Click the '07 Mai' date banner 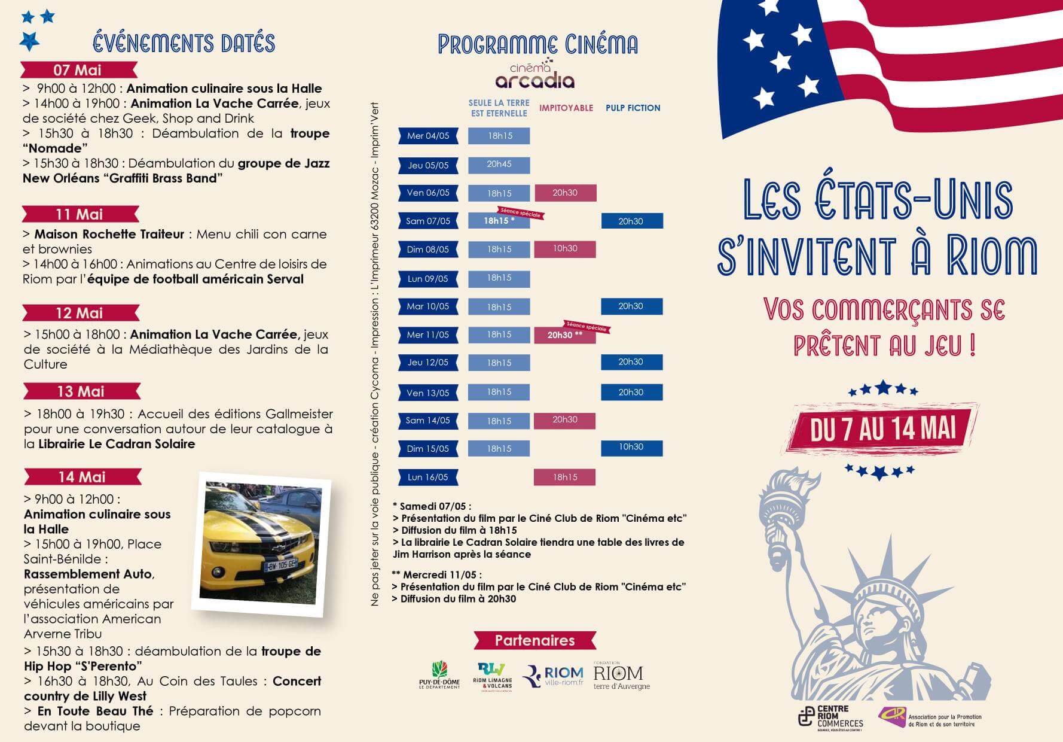point(78,70)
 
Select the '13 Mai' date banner point(81,392)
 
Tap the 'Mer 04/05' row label point(428,136)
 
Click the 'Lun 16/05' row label point(428,477)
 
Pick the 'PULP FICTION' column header point(633,108)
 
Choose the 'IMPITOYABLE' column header point(566,108)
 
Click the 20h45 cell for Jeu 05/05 point(499,165)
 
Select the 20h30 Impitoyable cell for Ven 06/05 point(565,193)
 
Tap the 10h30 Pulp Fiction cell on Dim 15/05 point(631,448)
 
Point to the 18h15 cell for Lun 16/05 point(565,477)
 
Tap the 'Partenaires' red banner point(535,640)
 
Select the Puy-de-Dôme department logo point(440,675)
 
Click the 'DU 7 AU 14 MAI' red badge point(883,429)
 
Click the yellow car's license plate point(280,564)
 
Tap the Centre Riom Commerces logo point(832,716)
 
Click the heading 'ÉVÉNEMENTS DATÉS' point(184,43)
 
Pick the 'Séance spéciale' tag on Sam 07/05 point(520,213)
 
